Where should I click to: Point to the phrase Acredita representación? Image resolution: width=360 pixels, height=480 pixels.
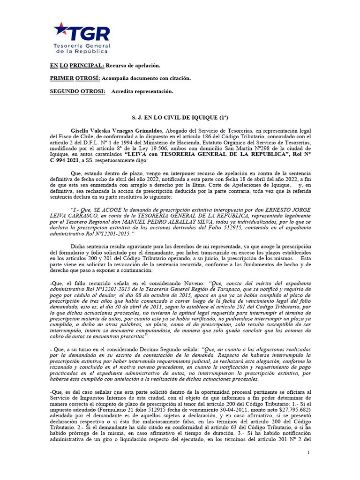142,91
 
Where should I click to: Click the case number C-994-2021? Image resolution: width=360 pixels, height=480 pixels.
66,160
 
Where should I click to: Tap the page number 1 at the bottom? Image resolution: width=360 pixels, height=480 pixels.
308,452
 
